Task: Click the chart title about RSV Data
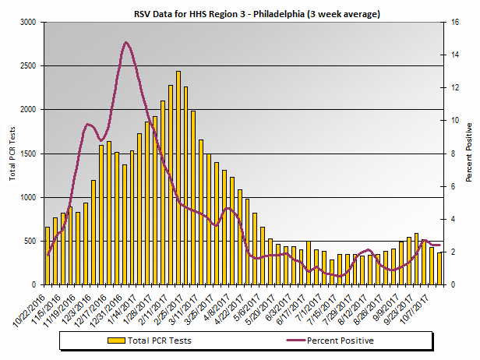pyautogui.click(x=242, y=14)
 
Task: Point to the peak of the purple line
pyautogui.click(x=126, y=43)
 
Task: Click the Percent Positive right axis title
pyautogui.click(x=469, y=152)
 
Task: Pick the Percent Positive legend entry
pyautogui.click(x=340, y=341)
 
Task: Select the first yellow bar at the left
pyautogui.click(x=48, y=256)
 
